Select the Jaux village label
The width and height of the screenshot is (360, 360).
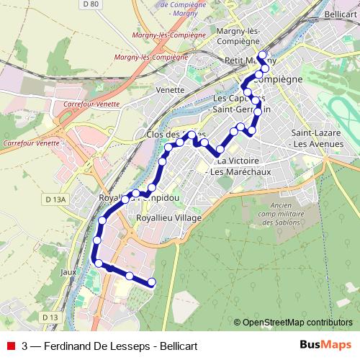[69, 272]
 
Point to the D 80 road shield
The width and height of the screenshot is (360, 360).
[90, 4]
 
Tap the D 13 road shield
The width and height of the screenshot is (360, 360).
[50, 318]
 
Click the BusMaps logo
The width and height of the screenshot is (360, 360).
[325, 344]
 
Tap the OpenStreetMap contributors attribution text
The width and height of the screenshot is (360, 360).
[297, 323]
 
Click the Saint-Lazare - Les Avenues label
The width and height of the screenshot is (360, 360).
[319, 139]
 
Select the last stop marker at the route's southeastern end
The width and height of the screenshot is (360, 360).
[152, 283]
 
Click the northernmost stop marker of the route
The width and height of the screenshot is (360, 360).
[262, 55]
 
